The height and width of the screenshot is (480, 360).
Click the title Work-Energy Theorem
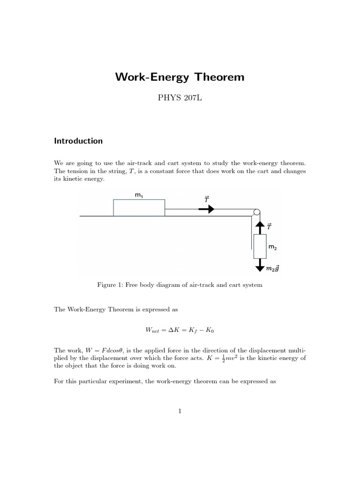(x=180, y=77)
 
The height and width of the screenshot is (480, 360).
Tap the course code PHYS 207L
(x=180, y=100)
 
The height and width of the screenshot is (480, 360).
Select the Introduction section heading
(x=78, y=141)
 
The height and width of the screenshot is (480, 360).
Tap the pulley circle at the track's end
(x=256, y=212)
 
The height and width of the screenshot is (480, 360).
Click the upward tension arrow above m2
(x=259, y=226)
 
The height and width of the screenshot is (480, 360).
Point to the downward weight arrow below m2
(x=259, y=266)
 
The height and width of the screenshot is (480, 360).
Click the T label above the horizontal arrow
(x=206, y=199)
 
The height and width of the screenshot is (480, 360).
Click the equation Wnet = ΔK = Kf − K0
(x=180, y=330)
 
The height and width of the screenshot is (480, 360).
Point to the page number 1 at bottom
(x=180, y=411)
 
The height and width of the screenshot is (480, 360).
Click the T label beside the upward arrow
(x=270, y=226)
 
